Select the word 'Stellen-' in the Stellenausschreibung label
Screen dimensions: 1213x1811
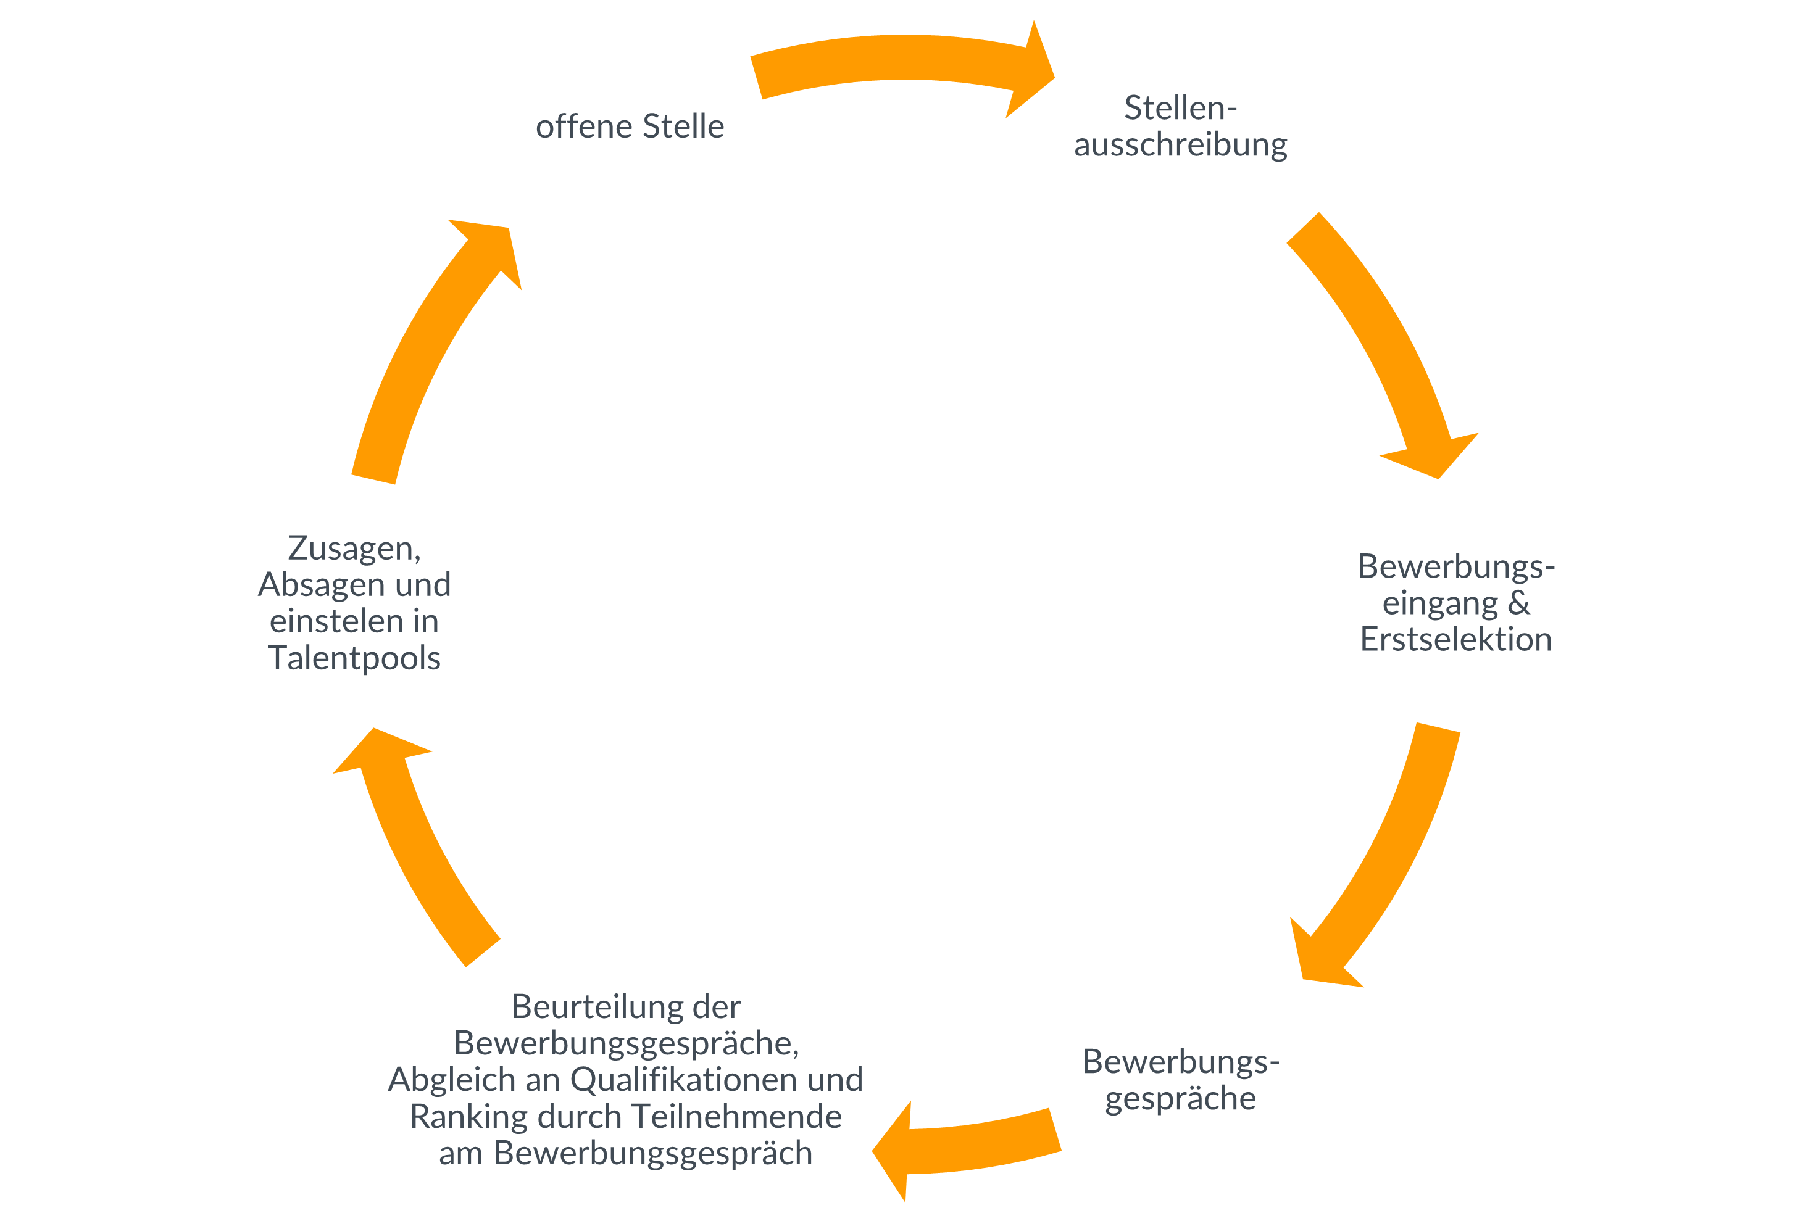[x=1180, y=107]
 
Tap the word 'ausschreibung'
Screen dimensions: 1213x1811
[x=1180, y=144]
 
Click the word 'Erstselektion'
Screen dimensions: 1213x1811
[x=1455, y=639]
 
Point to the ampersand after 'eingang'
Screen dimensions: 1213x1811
[x=1518, y=603]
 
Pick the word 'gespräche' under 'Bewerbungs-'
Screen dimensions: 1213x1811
[x=1180, y=1098]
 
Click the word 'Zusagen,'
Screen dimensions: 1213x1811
[x=354, y=548]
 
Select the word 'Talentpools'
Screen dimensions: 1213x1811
[x=354, y=658]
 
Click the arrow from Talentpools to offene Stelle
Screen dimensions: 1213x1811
[x=433, y=341]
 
